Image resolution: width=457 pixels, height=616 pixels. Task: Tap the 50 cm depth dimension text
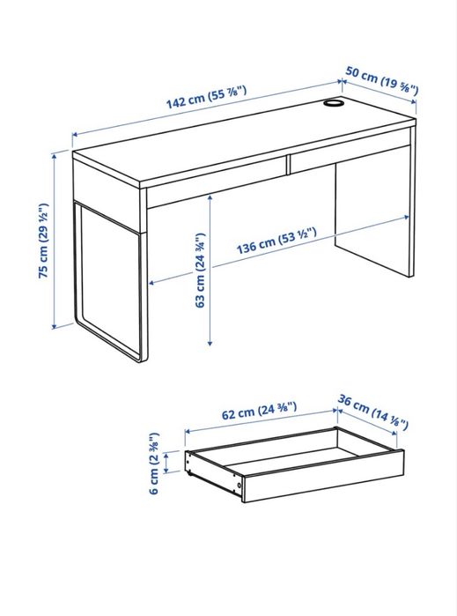coord(382,78)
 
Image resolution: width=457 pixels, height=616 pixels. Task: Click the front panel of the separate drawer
coord(321,480)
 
